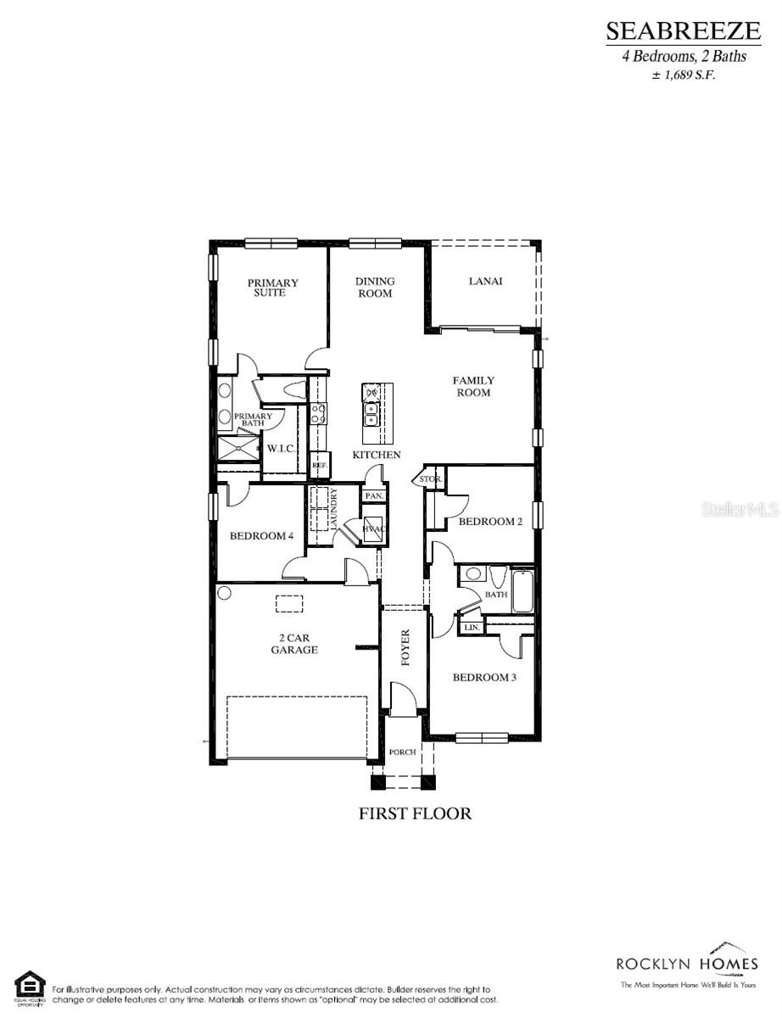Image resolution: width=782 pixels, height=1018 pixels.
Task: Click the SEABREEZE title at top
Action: pos(683,31)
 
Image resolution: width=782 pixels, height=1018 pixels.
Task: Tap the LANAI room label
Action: pos(485,281)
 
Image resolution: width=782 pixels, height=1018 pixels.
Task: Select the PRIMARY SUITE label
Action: pos(272,288)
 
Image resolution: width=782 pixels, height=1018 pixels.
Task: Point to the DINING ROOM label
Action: pos(375,288)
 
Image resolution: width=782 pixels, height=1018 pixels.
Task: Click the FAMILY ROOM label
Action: pos(473,387)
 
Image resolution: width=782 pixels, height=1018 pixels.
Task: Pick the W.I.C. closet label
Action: pos(281,447)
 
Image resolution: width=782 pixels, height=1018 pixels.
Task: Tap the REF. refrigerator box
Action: pos(319,465)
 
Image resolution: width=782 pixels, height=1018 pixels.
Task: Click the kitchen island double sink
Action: pos(371,414)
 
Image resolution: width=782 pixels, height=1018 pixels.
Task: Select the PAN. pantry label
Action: pos(374,495)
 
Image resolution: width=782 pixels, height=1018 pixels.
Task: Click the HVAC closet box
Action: pos(374,528)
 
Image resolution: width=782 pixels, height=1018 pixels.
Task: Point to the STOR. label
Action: pos(429,479)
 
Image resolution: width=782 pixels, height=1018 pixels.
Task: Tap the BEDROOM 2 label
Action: pos(490,522)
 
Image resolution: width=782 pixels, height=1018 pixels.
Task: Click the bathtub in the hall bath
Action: pos(522,592)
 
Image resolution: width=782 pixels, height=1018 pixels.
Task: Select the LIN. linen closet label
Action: pos(472,628)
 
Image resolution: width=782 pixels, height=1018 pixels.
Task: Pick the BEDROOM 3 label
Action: pos(484,677)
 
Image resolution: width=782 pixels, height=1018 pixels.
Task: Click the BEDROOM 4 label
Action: pos(261,536)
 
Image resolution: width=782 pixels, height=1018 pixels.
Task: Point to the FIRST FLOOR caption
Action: pos(415,813)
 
